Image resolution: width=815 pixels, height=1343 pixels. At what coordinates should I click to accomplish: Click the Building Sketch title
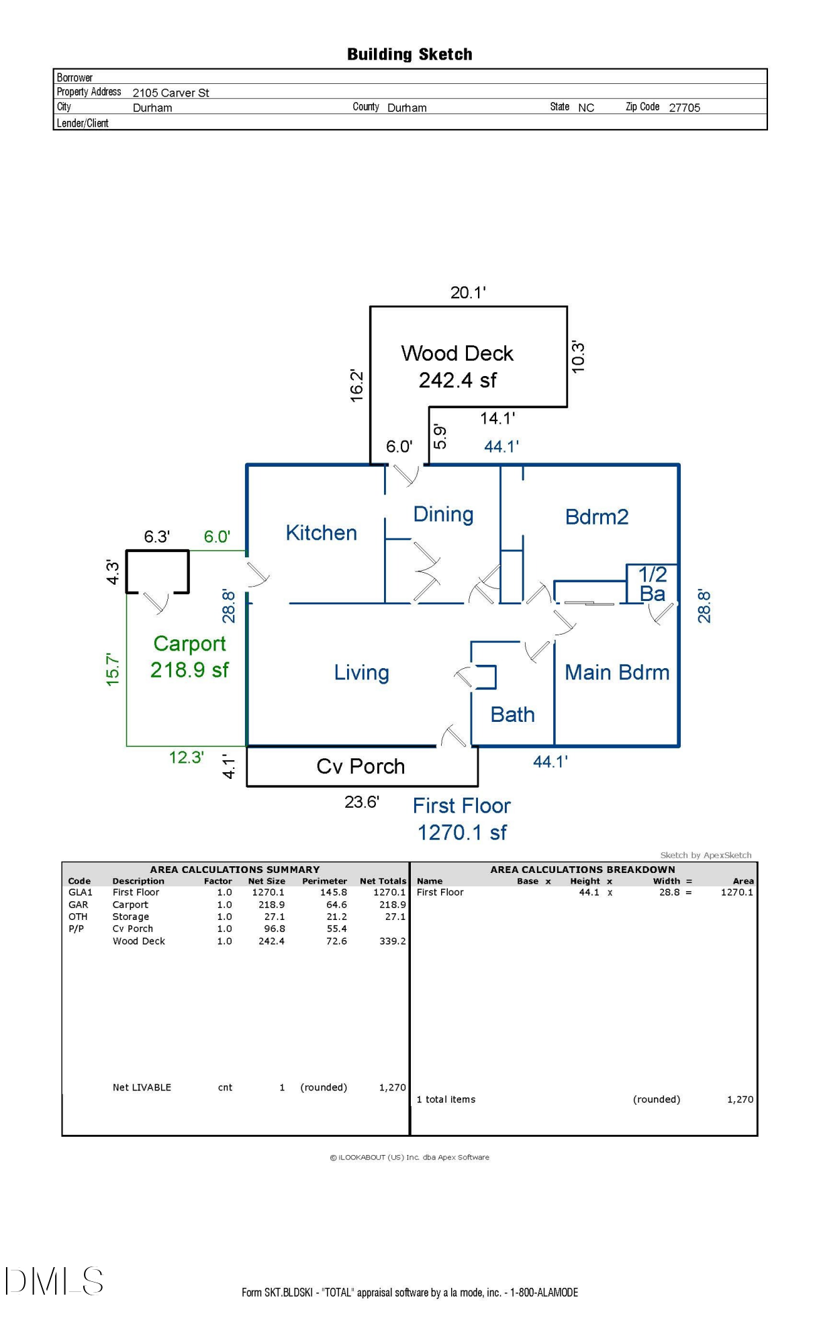410,54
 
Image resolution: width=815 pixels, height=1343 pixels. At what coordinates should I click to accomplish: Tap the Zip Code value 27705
684,107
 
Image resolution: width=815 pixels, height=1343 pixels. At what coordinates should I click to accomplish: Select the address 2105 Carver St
171,93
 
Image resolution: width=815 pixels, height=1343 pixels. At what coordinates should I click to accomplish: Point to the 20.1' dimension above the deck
468,293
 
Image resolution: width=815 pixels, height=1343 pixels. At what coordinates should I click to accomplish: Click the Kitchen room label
321,533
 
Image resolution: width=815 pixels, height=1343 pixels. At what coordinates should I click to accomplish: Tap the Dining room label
443,514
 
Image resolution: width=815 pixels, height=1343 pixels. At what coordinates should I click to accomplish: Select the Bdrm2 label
597,517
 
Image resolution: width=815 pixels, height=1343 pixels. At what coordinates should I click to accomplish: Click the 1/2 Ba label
652,584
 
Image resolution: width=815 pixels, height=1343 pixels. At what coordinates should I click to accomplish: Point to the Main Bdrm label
617,672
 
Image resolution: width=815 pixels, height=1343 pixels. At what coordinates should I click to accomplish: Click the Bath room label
512,714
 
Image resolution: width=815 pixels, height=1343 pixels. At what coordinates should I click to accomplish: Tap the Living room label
361,673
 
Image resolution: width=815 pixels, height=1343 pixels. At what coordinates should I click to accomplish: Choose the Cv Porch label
361,767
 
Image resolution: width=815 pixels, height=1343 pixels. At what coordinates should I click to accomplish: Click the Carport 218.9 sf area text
189,657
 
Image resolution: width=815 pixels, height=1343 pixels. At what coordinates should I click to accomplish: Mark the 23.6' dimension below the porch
362,802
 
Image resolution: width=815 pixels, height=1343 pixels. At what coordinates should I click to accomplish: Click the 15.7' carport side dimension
113,669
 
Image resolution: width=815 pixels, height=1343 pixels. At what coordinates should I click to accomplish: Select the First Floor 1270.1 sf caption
462,819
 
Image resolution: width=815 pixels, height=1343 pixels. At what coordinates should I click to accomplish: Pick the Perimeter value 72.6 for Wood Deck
336,941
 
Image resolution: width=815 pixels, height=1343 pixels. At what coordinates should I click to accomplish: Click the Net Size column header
267,881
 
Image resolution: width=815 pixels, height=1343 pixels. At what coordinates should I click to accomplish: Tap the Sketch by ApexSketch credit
706,855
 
